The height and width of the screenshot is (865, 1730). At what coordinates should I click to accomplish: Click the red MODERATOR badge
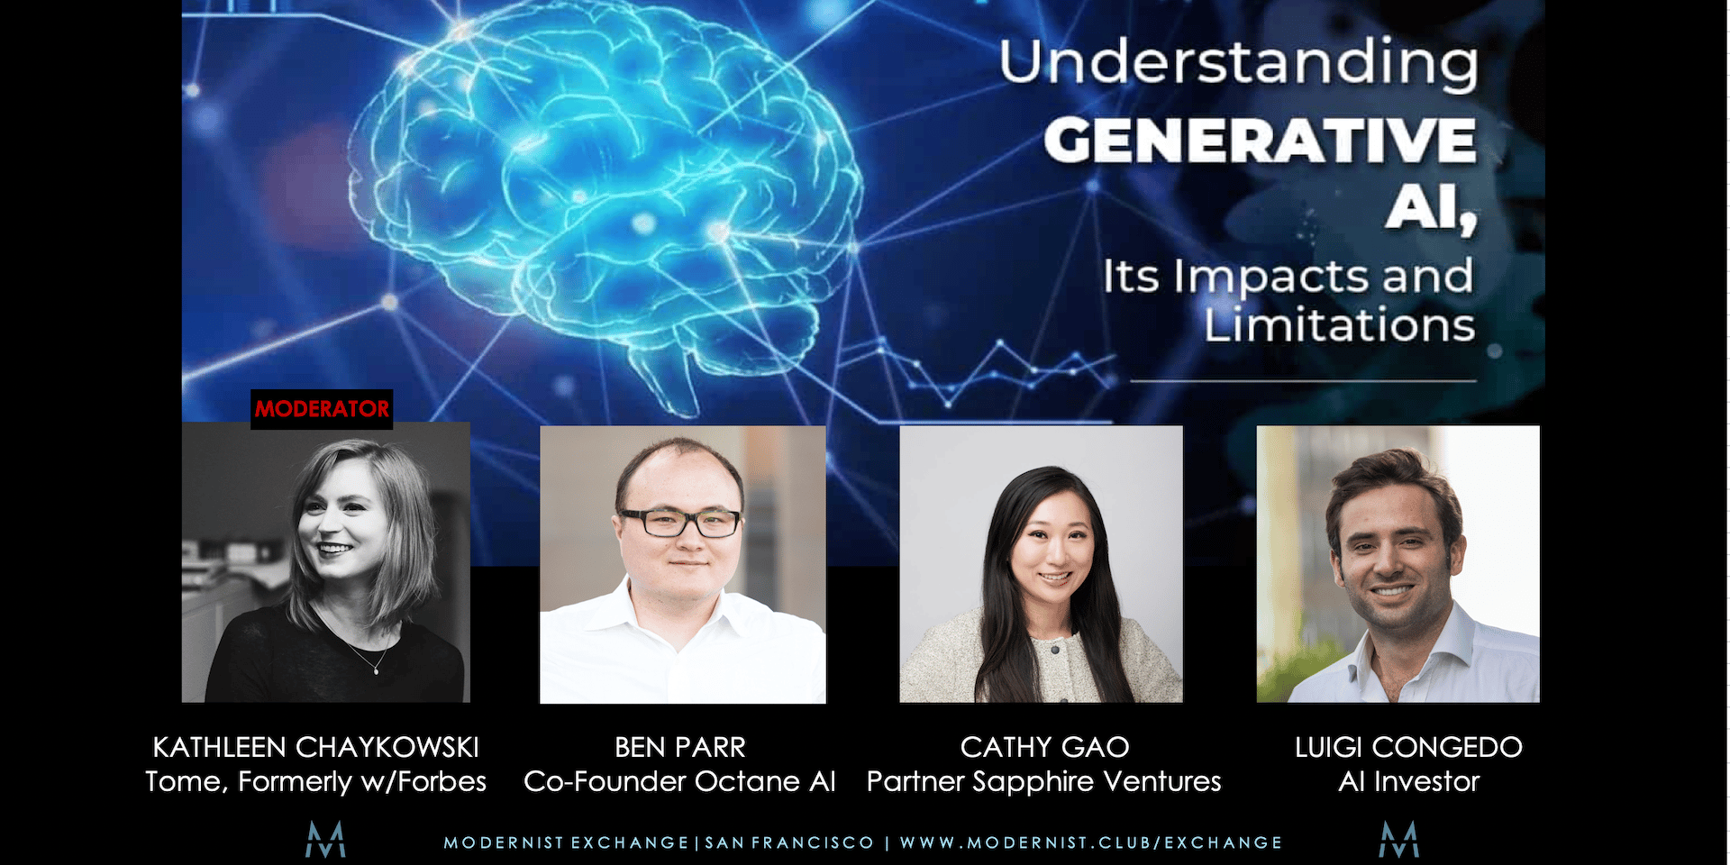322,409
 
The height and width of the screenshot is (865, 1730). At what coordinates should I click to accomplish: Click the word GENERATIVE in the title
1260,141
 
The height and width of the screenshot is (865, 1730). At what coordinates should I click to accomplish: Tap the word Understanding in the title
1238,64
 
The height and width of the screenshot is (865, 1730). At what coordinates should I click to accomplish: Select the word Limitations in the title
1339,324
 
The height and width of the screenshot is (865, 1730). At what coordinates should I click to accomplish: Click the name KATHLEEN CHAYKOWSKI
315,747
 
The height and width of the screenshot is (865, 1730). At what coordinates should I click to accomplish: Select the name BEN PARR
680,747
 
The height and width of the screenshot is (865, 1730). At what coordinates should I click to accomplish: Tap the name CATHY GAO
1044,747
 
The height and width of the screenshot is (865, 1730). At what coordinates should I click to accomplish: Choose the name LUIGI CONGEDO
1408,747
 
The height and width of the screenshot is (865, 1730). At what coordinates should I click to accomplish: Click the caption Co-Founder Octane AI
679,781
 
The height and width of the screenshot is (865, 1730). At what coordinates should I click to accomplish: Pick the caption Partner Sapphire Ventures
1043,781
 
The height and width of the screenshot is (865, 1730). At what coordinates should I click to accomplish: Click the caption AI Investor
1409,781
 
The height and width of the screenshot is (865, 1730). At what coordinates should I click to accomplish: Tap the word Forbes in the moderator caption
442,781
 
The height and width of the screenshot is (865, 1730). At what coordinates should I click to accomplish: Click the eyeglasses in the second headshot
680,523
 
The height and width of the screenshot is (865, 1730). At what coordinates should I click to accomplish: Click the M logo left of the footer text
325,840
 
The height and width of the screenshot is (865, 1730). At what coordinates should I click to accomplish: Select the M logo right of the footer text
1399,840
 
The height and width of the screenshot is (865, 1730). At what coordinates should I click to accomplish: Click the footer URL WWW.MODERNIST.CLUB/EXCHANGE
1091,842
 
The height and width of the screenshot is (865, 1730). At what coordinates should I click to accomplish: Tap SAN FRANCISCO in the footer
789,842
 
